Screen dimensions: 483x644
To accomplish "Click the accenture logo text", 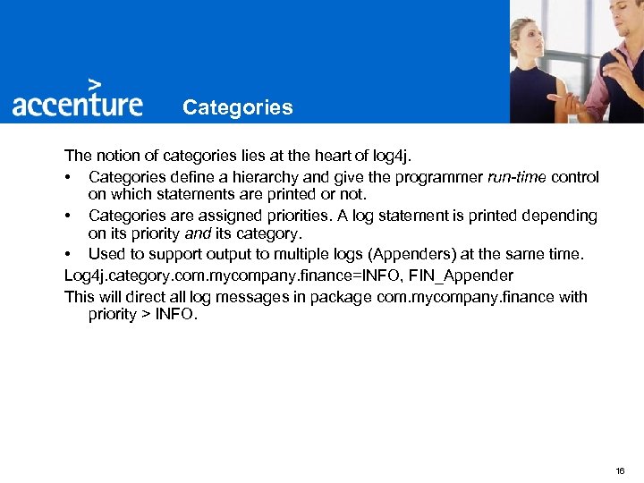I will coord(77,104).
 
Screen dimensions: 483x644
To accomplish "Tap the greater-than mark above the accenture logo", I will coord(107,82).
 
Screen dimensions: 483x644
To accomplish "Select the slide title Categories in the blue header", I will coord(237,107).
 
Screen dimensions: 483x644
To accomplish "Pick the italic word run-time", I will coord(517,177).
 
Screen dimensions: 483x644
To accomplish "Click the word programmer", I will coord(439,177).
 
